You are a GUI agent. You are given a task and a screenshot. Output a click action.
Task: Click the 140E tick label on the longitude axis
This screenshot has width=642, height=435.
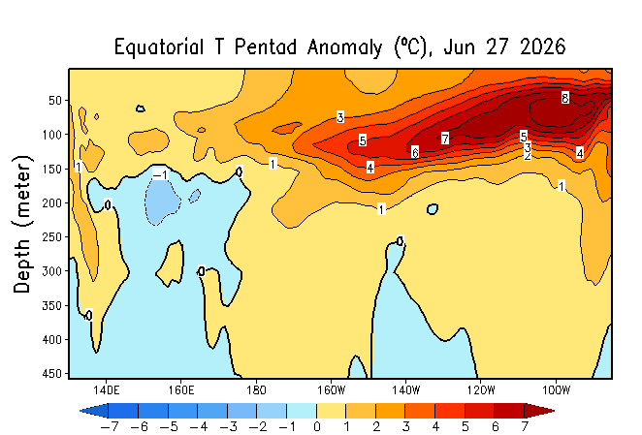point(106,390)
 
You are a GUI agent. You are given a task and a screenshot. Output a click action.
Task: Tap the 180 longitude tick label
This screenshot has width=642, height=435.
point(256,390)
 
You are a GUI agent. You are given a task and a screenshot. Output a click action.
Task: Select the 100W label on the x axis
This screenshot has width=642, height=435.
point(556,390)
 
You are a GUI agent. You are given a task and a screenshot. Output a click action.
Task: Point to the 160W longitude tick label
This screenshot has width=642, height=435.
point(331,390)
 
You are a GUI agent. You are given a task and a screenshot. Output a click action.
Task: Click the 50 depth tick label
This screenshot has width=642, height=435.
point(55,100)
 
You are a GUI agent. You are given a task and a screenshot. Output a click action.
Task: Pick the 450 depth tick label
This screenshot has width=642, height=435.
point(52,373)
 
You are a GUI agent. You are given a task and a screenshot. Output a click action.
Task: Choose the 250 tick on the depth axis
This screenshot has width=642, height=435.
point(52,237)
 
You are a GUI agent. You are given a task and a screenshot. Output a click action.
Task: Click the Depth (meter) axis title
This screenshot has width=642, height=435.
point(22,224)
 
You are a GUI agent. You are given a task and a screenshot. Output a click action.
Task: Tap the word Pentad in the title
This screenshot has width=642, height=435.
point(266,47)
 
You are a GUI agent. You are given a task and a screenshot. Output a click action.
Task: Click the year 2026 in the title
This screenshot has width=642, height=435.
point(542,47)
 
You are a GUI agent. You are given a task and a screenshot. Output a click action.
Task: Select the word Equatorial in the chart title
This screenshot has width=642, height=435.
point(159,47)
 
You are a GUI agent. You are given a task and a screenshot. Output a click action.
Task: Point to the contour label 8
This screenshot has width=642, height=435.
point(565,98)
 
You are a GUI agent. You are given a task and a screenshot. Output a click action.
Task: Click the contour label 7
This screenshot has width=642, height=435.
point(445,139)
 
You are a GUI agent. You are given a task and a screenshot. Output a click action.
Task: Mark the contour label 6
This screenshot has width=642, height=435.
point(415,153)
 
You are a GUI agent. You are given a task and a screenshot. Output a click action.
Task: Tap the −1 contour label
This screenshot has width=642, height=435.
point(160,174)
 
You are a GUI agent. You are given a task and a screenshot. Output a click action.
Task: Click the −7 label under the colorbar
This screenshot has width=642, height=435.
point(110,427)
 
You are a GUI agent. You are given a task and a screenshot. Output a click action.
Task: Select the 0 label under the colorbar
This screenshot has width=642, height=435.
point(316,427)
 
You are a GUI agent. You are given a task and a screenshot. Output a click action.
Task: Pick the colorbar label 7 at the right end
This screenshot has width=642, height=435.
point(525,427)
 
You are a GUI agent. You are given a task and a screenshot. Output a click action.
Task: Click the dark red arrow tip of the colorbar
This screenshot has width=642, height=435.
point(554,411)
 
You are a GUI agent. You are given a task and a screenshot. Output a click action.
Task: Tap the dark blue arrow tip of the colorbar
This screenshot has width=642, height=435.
point(80,411)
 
